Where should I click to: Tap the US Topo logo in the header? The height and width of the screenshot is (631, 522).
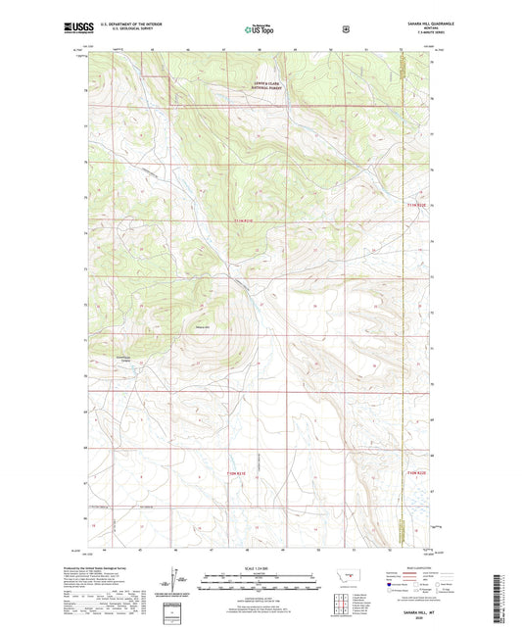[261, 30]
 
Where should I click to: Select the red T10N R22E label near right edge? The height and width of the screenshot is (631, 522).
[416, 472]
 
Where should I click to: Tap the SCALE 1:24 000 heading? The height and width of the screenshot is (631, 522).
[261, 569]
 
